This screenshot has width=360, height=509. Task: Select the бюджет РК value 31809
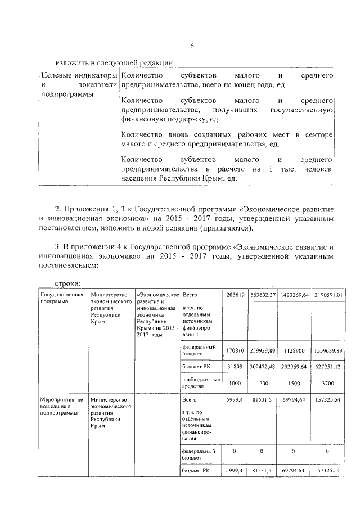(x=236, y=367)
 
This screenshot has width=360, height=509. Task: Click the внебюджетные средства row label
(x=199, y=383)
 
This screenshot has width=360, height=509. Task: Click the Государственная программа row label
(x=62, y=298)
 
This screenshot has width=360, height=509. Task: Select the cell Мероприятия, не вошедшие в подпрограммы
(x=62, y=406)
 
